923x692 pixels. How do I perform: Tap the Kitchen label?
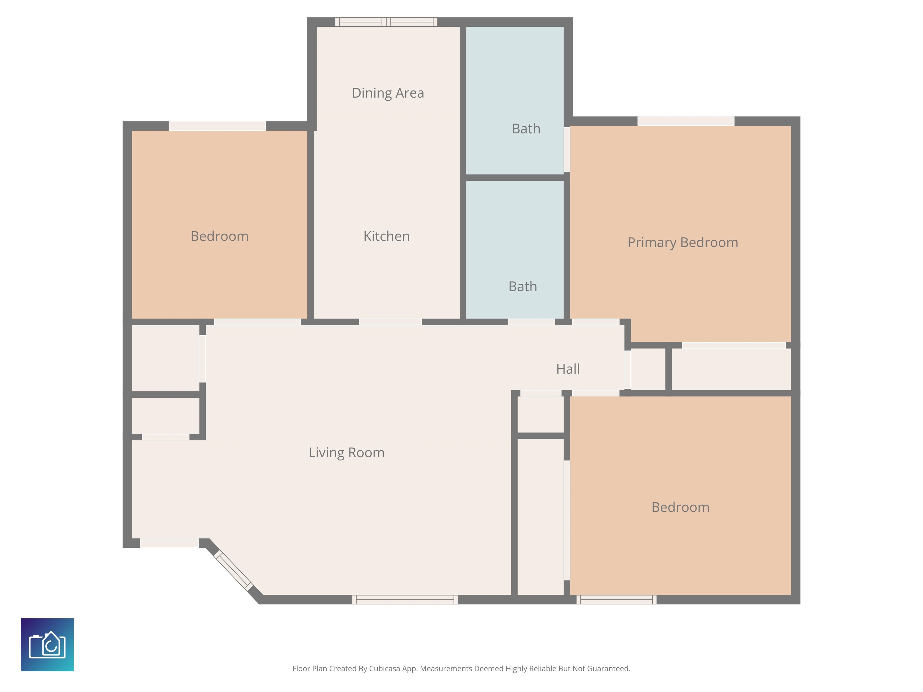[x=386, y=236]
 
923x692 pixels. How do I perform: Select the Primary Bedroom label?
[x=683, y=242]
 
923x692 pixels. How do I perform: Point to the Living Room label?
[x=346, y=453]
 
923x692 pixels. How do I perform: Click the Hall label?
[x=568, y=369]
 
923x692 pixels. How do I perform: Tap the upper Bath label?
[x=526, y=129]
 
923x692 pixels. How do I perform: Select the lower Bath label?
[x=522, y=287]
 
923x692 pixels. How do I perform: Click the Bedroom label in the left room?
[x=220, y=236]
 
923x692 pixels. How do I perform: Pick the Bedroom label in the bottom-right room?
[x=680, y=507]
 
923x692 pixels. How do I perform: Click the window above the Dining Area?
[x=386, y=22]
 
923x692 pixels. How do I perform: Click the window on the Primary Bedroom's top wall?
[x=686, y=121]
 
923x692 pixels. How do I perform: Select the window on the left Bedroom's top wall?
[x=217, y=126]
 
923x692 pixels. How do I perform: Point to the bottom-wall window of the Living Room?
[x=405, y=599]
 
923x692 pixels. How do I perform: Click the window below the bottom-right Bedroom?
[x=616, y=599]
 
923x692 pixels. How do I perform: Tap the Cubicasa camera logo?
[x=47, y=645]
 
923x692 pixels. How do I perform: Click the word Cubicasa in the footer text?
[x=384, y=669]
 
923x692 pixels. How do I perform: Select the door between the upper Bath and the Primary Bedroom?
[x=567, y=149]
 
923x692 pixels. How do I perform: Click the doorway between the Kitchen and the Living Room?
[x=390, y=322]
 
